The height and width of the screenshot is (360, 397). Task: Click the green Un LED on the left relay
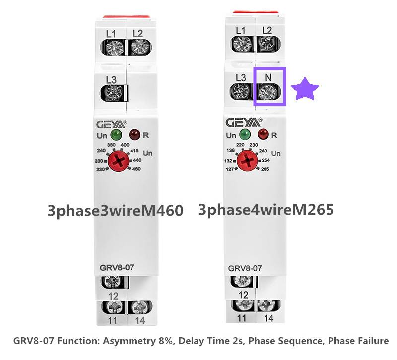116,135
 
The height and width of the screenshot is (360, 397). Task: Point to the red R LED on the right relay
263,134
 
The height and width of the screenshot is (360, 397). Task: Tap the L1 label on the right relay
241,31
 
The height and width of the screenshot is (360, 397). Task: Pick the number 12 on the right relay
243,294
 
